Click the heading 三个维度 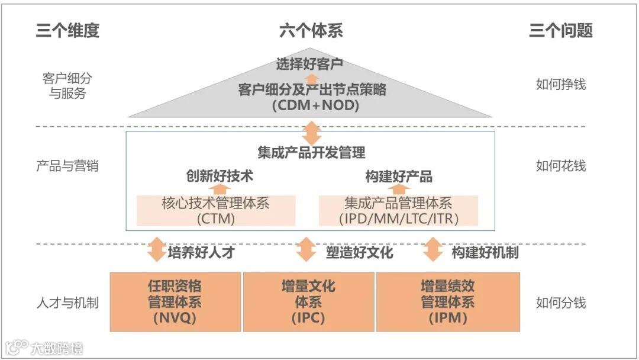[67, 31]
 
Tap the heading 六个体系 [311, 31]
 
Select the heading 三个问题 [560, 31]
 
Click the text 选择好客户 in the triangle [309, 63]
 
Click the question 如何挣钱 [560, 84]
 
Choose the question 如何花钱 [560, 166]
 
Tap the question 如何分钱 [560, 303]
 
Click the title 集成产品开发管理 [311, 152]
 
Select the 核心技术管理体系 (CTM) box [215, 211]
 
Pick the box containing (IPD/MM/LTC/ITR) [399, 211]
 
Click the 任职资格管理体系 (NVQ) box [175, 301]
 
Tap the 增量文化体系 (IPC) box [308, 301]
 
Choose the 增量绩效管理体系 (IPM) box [448, 301]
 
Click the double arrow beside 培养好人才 [156, 250]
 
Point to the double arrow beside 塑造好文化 [306, 250]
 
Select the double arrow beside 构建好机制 [433, 250]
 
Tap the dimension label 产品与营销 [67, 166]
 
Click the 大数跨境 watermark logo [45, 347]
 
